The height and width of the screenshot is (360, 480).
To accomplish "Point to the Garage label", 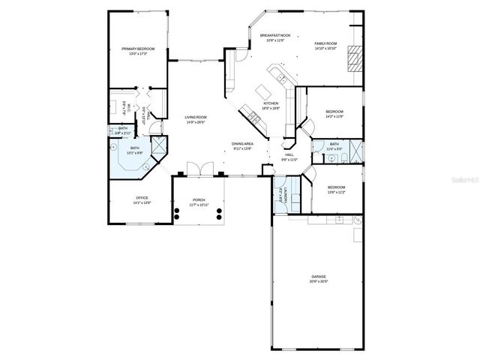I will pos(318,278).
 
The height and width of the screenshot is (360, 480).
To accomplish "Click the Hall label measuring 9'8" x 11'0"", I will pos(289,156).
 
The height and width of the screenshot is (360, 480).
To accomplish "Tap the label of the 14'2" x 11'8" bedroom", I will pos(334,113).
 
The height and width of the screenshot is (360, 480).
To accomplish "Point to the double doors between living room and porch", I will pos(196,169).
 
